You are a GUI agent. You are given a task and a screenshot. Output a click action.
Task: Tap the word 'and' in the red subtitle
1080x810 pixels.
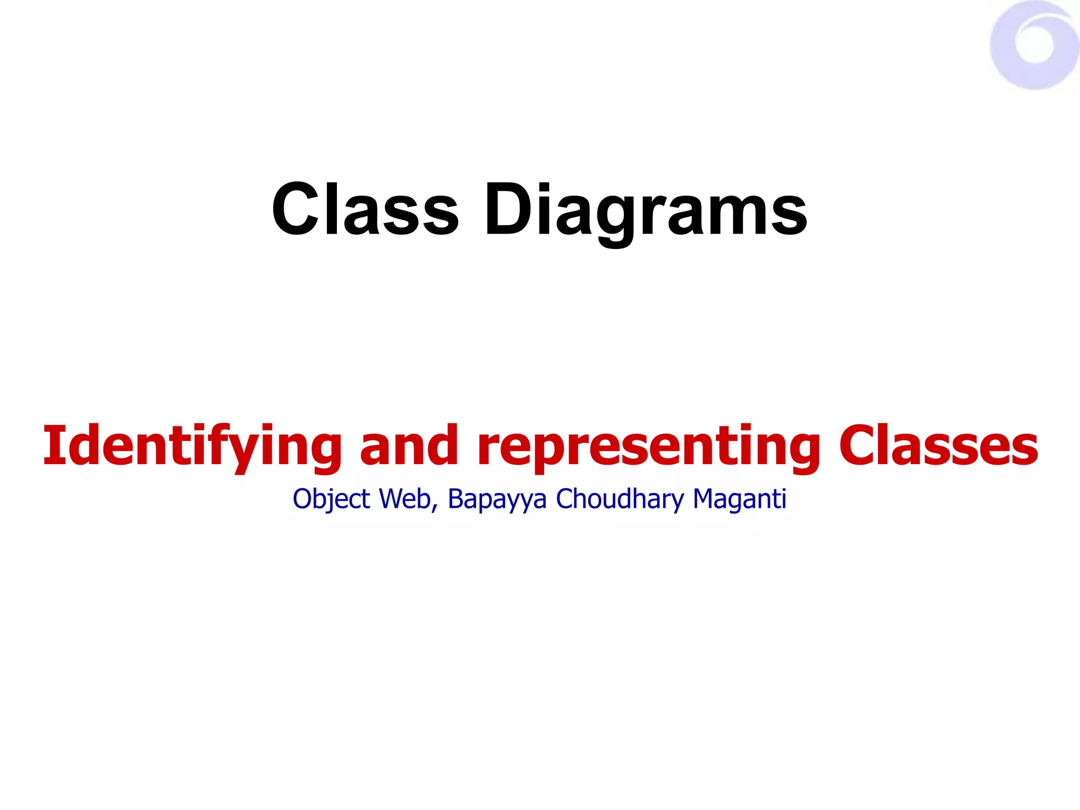coord(409,446)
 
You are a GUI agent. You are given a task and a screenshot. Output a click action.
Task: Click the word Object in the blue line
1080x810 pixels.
coord(331,499)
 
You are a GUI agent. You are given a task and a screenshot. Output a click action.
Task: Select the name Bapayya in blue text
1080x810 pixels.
coord(497,499)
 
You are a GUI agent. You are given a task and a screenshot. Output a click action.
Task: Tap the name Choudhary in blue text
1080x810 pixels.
coord(619,499)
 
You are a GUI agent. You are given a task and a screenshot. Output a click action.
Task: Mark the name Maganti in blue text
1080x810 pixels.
coord(739,499)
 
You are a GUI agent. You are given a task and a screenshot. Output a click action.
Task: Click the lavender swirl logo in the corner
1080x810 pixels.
coord(1034,45)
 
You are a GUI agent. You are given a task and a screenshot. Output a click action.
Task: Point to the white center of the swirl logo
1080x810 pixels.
coord(1035,45)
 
